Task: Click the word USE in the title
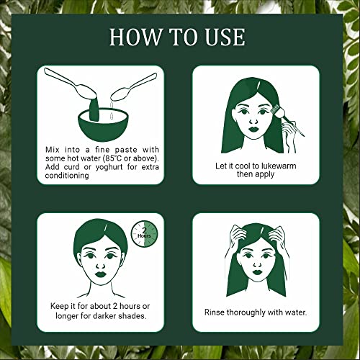225,37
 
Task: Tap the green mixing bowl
103,121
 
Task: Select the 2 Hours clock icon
144,234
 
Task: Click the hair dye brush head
277,109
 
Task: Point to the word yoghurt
109,167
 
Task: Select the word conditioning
67,176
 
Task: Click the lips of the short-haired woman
101,274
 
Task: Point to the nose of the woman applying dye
253,120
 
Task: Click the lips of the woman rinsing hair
257,272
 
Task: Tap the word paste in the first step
126,150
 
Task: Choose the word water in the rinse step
296,312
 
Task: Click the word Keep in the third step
60,306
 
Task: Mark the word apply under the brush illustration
264,174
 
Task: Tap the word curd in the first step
72,167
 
